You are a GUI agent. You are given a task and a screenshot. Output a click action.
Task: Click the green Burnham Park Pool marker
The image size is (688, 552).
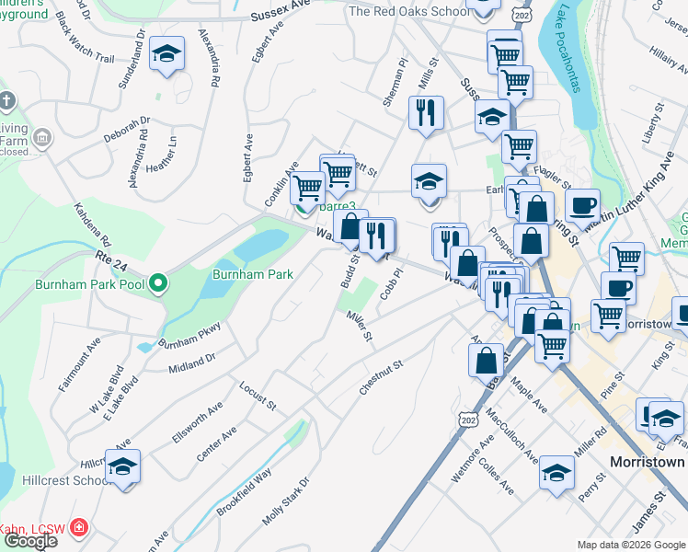click(158, 284)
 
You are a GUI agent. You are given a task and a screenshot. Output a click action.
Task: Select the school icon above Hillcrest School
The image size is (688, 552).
click(122, 468)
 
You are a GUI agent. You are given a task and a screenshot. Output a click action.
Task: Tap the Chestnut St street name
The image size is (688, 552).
click(382, 378)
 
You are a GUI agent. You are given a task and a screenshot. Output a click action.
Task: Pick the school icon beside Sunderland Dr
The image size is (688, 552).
click(166, 54)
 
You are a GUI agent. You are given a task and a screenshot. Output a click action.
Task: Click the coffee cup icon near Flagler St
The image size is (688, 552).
click(581, 204)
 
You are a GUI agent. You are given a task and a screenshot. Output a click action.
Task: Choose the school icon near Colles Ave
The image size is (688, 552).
click(556, 474)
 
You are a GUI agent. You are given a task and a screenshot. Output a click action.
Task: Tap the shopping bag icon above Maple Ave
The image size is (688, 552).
click(487, 360)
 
